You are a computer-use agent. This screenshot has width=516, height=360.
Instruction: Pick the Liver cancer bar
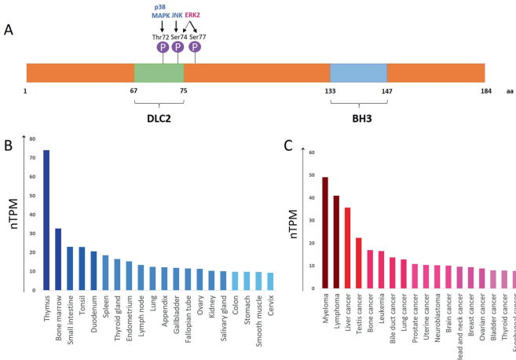tap(347, 248)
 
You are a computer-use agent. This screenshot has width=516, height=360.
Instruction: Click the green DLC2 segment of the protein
tap(159, 72)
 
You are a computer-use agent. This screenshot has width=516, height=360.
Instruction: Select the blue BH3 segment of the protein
tap(358, 72)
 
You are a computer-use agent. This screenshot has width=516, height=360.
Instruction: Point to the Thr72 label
tap(161, 37)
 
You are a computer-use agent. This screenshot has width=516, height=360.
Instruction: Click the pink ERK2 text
tap(192, 15)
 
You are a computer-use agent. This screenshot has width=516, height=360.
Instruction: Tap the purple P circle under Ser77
tap(195, 47)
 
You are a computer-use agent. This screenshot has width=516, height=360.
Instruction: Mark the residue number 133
tap(330, 91)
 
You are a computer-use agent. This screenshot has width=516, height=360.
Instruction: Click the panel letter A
tap(9, 30)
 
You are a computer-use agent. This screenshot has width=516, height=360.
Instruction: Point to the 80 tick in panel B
tap(32, 139)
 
